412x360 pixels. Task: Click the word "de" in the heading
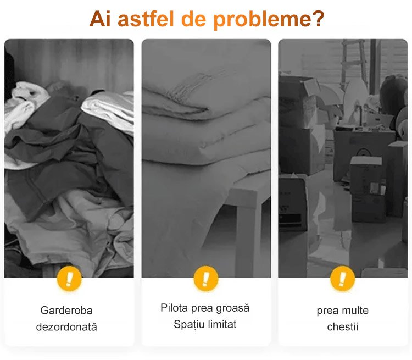point(194,19)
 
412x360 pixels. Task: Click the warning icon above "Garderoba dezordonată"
point(69,279)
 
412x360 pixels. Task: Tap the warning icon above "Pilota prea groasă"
point(206,279)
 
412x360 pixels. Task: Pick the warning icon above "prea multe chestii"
point(342,279)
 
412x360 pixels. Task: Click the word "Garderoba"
point(66,311)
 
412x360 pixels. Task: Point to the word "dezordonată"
point(66,326)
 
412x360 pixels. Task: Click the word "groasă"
point(235,308)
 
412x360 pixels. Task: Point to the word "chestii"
point(343,326)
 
